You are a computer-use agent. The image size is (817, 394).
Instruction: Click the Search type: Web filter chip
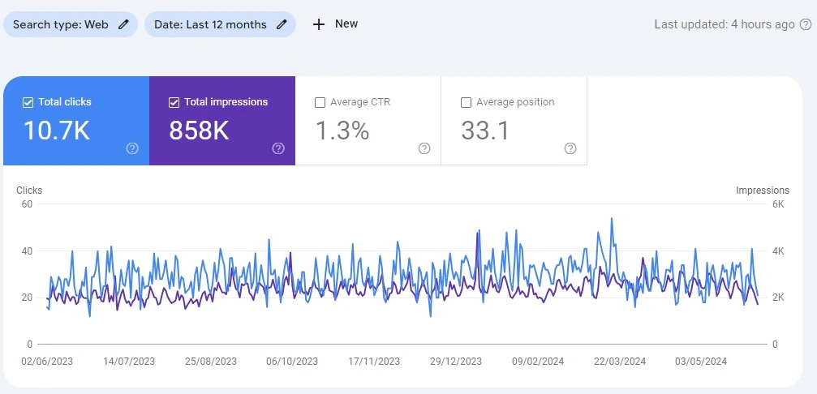(70, 24)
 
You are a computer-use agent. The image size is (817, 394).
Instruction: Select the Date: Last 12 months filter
(219, 24)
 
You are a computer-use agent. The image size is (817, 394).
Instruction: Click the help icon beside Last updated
(805, 24)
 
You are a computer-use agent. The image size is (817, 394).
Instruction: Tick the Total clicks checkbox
(28, 102)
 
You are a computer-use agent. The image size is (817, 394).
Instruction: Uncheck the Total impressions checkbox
(174, 102)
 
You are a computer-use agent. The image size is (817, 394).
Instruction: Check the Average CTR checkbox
(320, 102)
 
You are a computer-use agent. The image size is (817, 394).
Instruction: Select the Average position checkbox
(466, 102)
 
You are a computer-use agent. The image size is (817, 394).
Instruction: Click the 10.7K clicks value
(56, 131)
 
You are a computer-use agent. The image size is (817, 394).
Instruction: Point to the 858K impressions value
(199, 131)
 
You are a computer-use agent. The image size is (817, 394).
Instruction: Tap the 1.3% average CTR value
(342, 131)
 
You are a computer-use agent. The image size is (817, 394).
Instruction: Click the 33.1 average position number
(485, 131)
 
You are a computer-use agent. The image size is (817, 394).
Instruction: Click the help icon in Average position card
(570, 148)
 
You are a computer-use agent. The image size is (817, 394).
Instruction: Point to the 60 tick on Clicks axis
(26, 204)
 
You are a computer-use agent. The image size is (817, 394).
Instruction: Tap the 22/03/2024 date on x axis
(620, 362)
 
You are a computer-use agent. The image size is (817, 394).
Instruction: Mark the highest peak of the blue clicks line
(612, 218)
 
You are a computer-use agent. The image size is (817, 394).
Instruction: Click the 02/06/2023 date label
(47, 362)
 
